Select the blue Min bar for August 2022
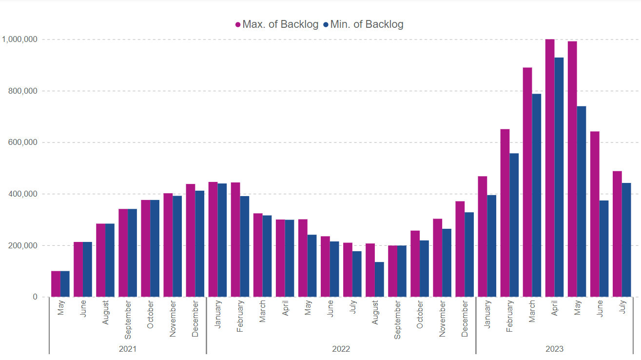379,280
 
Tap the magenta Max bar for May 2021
56,284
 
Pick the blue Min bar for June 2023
604,249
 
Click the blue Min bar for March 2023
537,195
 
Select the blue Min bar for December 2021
200,244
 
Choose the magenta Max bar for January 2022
213,240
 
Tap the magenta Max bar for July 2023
617,234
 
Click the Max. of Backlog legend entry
277,24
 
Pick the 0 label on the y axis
35,297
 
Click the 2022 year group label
341,349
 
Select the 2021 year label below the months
128,349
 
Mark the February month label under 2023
510,317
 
